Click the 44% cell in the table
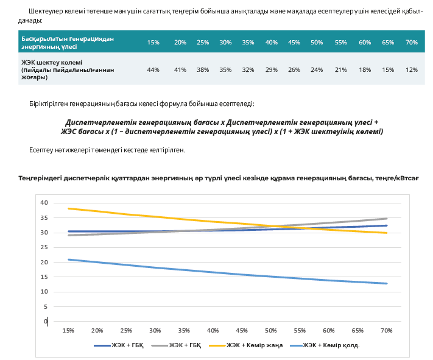point(153,70)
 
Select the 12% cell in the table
point(412,70)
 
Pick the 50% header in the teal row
point(317,42)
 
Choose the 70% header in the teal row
point(412,42)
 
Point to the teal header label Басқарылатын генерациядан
point(68,38)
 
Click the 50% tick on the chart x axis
point(271,330)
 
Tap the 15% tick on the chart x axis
point(68,330)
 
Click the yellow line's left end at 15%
point(68,208)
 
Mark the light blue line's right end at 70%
point(387,283)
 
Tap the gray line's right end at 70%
point(387,218)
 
